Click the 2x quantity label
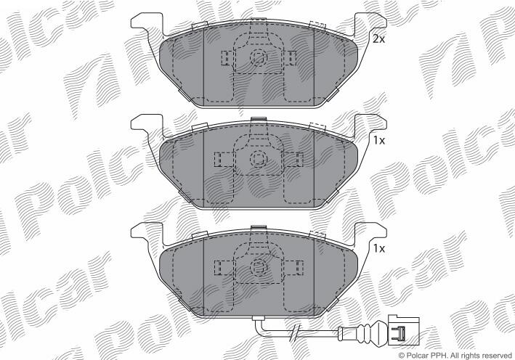[378, 39]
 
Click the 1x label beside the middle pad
[378, 141]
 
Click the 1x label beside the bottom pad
[378, 248]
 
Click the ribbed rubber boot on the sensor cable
[362, 330]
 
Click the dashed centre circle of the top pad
[259, 58]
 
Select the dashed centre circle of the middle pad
[259, 160]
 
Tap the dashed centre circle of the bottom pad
[259, 267]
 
